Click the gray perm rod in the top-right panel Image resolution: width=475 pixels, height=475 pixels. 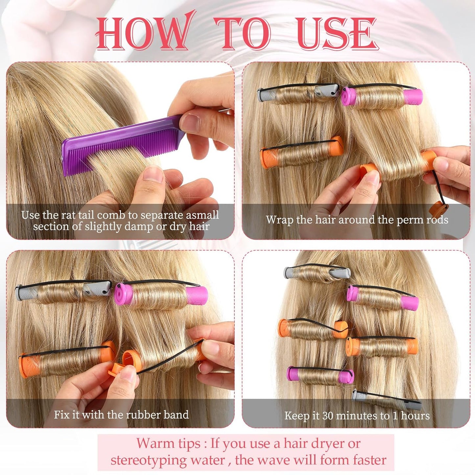tap(298, 93)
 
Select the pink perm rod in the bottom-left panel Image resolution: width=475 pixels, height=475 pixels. tap(161, 294)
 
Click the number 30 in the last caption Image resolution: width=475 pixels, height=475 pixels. tap(328, 416)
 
